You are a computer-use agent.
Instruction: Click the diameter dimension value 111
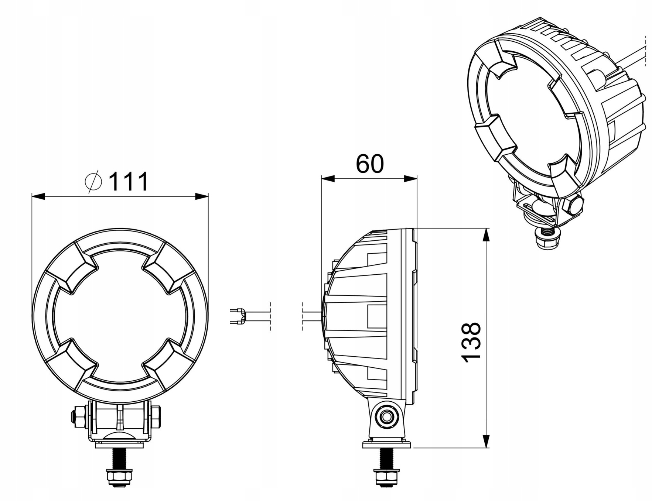[x=129, y=181]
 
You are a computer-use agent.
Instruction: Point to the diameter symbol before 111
[x=93, y=181]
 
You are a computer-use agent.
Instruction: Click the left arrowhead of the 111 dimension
[x=38, y=196]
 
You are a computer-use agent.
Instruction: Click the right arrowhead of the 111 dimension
[x=202, y=196]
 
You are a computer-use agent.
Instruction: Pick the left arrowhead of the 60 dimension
[x=328, y=179]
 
